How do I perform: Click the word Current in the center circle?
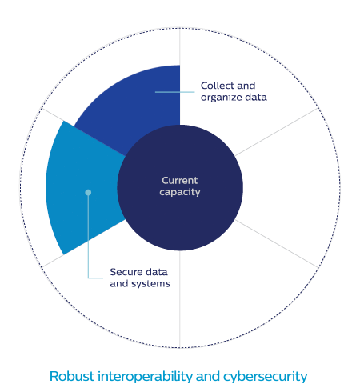click(x=180, y=181)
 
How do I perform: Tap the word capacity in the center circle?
click(x=180, y=192)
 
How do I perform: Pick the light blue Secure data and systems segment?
click(x=82, y=186)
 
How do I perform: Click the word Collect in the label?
click(x=218, y=86)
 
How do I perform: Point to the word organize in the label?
click(x=222, y=98)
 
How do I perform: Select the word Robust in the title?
click(x=72, y=376)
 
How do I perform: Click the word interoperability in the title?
click(x=145, y=377)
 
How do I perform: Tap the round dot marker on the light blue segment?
click(x=88, y=192)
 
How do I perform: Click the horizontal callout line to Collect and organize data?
click(x=175, y=92)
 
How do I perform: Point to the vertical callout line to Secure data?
click(x=88, y=235)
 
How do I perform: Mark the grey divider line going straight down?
click(x=180, y=299)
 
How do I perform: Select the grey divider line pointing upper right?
click(x=277, y=132)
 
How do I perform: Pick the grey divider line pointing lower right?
click(x=277, y=243)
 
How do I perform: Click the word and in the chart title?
click(x=208, y=376)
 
